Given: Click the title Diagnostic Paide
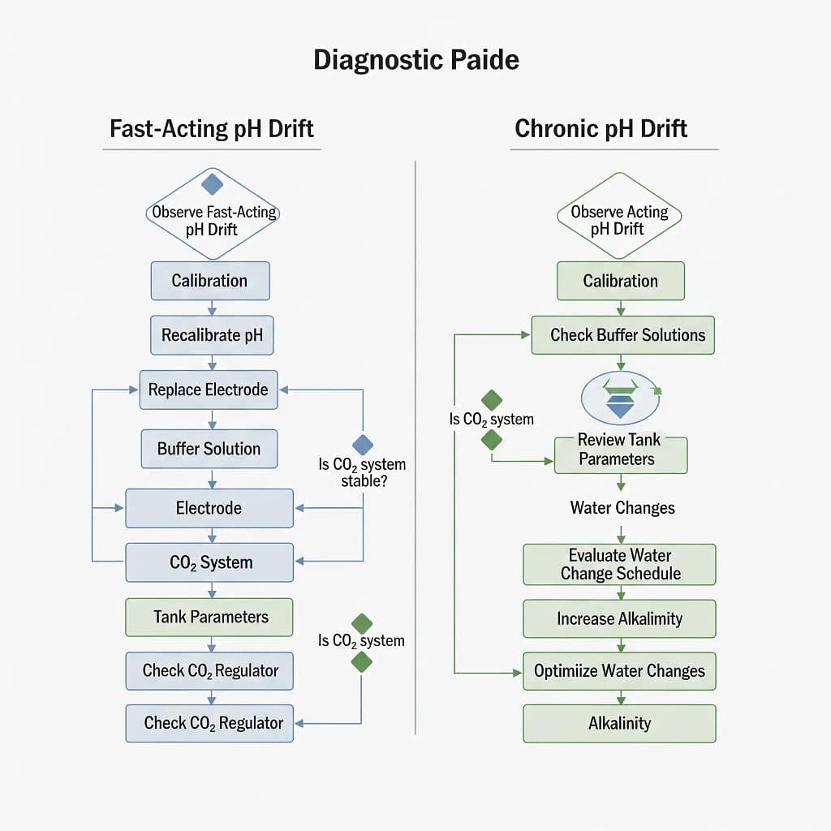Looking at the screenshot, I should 415,61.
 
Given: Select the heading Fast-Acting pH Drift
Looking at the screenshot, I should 212,129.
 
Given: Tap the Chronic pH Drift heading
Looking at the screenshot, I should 601,129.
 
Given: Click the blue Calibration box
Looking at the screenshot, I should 209,281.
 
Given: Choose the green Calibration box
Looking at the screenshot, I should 620,281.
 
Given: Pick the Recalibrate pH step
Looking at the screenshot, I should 212,335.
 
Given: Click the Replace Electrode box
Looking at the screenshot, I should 209,390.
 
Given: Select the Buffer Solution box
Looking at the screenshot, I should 209,449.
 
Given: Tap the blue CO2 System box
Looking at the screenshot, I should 209,562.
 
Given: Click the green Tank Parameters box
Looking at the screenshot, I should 209,617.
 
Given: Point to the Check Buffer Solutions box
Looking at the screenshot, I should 622,335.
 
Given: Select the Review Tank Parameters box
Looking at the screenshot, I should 620,450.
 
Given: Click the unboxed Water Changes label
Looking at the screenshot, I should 622,508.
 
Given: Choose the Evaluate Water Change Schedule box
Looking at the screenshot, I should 620,565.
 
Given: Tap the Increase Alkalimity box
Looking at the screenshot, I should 620,618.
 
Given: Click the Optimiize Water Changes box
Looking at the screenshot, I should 620,671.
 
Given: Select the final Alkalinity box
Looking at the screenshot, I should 620,723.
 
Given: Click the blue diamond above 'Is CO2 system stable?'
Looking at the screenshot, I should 363,444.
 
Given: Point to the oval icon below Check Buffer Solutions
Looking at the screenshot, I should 620,398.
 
